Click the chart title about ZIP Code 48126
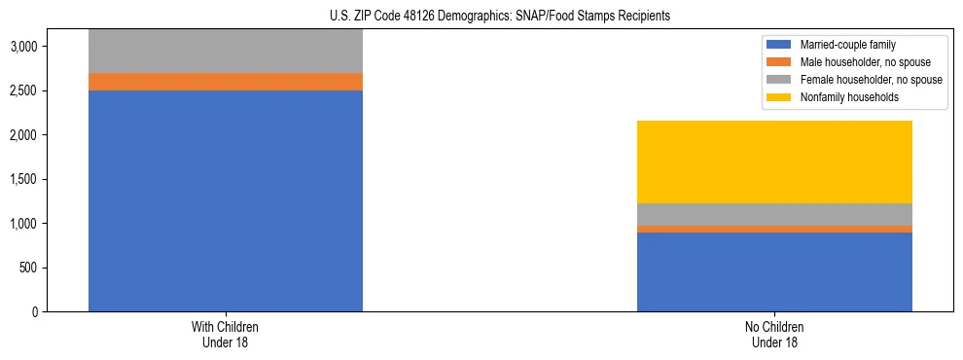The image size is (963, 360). tap(481, 17)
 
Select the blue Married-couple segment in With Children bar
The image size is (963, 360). tap(226, 200)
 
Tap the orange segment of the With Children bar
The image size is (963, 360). tap(226, 82)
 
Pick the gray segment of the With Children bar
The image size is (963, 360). tap(226, 52)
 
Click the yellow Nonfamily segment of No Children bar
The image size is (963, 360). tap(774, 162)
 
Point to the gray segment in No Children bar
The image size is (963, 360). tap(774, 214)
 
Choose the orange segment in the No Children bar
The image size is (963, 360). tap(774, 230)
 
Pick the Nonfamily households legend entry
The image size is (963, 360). tap(842, 97)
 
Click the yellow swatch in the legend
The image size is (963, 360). tap(780, 97)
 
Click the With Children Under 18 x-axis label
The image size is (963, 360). tap(226, 335)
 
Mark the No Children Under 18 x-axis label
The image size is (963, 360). tap(774, 335)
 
